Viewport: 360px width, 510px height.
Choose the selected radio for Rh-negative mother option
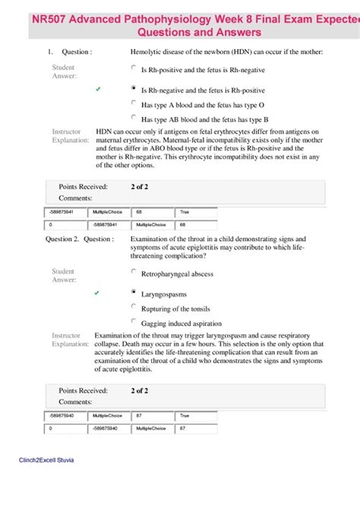(134, 89)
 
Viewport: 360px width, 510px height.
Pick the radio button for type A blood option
(134, 103)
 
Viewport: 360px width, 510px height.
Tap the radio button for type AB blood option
(134, 118)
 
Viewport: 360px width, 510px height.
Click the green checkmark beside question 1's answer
(98, 90)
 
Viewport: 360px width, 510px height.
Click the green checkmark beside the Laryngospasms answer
(98, 293)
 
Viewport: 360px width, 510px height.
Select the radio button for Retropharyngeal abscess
(134, 271)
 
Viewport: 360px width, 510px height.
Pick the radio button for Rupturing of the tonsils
(134, 307)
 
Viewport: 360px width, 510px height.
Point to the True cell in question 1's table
(195, 213)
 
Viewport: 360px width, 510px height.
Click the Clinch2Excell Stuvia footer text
(46, 461)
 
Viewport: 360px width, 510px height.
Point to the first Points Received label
(83, 186)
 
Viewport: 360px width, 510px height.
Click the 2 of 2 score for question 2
(139, 391)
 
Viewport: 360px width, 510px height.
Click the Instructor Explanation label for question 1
(71, 136)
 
